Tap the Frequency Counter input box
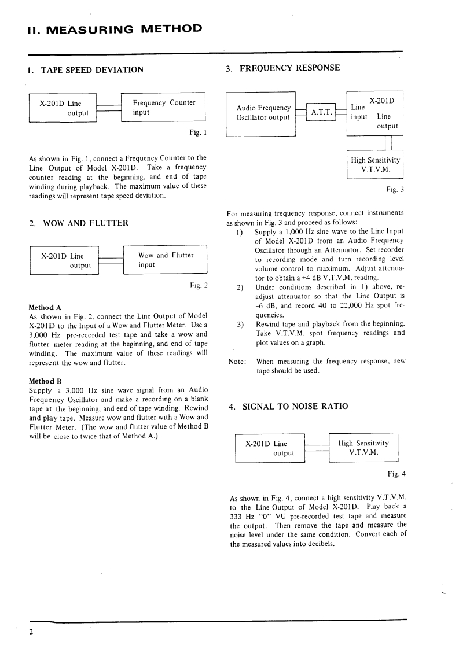tap(163, 108)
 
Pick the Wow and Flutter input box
tap(165, 260)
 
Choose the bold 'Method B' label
tap(45, 381)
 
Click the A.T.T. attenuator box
tap(321, 113)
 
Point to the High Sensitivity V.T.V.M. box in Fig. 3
tap(374, 164)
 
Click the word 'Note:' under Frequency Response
tap(238, 361)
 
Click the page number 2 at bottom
tap(32, 632)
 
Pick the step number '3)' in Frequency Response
tap(241, 324)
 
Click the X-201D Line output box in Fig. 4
tap(270, 448)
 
